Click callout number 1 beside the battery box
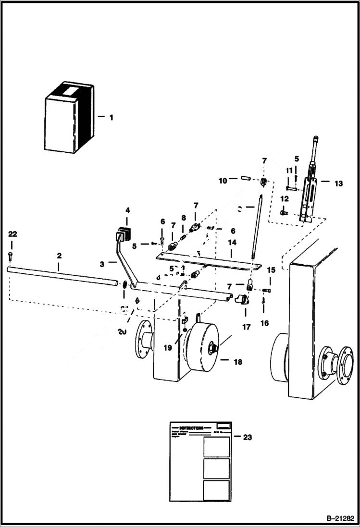pyautogui.click(x=111, y=117)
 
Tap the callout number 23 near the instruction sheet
pyautogui.click(x=247, y=437)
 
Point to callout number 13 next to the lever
pyautogui.click(x=338, y=183)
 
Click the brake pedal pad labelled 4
pyautogui.click(x=123, y=236)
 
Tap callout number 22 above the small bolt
pyautogui.click(x=12, y=234)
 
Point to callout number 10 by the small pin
pyautogui.click(x=223, y=181)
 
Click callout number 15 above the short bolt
pyautogui.click(x=271, y=270)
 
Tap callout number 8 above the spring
pyautogui.click(x=183, y=218)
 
